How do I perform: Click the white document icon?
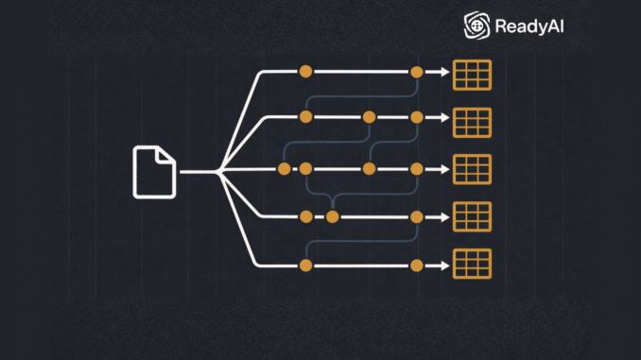click(154, 172)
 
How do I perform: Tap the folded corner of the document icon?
click(167, 154)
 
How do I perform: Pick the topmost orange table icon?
click(473, 75)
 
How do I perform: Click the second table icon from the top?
click(473, 121)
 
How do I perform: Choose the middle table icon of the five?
click(473, 169)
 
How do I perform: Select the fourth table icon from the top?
click(473, 216)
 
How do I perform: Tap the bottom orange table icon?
click(473, 264)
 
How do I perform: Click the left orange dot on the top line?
click(305, 72)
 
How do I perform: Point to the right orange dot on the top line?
click(417, 72)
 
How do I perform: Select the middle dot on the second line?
click(370, 118)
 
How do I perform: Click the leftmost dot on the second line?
click(305, 118)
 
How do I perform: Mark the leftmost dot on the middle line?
click(284, 169)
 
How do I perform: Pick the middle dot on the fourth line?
click(332, 216)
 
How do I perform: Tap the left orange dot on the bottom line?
click(305, 266)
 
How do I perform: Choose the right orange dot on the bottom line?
click(417, 266)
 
